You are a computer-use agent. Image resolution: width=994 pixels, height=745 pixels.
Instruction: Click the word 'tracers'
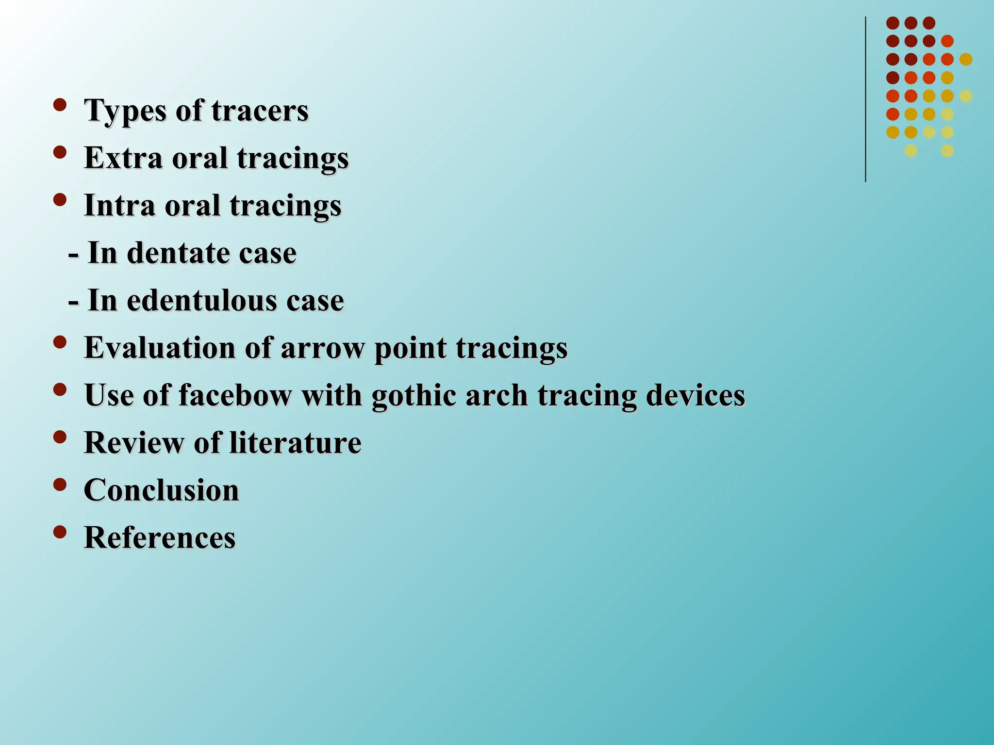tap(260, 111)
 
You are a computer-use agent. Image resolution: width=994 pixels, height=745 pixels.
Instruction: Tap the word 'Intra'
tap(120, 205)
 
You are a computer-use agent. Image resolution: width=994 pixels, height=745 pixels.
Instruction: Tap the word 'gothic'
tap(414, 395)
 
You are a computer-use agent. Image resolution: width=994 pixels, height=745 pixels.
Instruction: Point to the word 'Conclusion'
tap(162, 490)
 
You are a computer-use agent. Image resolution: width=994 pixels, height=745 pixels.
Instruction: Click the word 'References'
tap(160, 537)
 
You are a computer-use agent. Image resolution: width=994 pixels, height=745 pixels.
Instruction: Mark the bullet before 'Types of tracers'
tap(60, 105)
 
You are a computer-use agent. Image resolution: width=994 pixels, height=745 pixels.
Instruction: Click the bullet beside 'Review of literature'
tap(60, 437)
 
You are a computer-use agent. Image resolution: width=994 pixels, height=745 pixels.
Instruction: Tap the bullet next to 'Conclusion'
tap(60, 485)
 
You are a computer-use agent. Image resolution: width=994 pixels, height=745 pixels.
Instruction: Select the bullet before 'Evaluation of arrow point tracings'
tap(60, 342)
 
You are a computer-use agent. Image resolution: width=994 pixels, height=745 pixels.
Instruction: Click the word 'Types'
tap(125, 111)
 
